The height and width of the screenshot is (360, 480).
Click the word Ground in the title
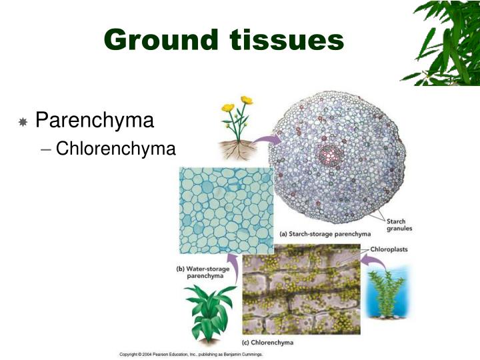pyautogui.click(x=160, y=41)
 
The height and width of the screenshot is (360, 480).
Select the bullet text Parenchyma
pyautogui.click(x=94, y=121)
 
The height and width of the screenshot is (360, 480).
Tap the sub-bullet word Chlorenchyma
pyautogui.click(x=115, y=148)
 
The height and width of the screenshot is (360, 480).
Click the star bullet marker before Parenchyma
pyautogui.click(x=23, y=122)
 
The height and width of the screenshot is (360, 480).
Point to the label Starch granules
pyautogui.click(x=399, y=225)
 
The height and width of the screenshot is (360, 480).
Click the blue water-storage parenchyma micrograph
pyautogui.click(x=226, y=210)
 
